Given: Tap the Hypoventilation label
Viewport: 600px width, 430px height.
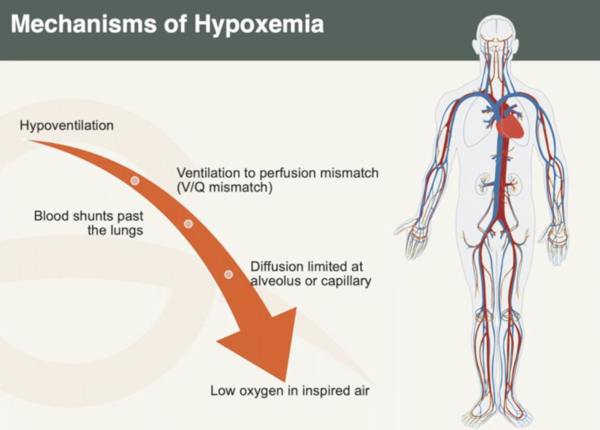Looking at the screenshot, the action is [67, 125].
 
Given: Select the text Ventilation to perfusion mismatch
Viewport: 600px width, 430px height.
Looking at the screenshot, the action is [278, 174].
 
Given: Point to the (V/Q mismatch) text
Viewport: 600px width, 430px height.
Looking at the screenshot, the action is [224, 188].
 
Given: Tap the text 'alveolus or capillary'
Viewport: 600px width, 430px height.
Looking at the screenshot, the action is [310, 281].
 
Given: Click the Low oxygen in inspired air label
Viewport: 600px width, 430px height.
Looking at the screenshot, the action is [290, 391].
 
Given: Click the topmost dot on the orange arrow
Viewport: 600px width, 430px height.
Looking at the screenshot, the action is [135, 180].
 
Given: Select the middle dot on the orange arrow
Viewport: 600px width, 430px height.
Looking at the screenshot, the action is [188, 223].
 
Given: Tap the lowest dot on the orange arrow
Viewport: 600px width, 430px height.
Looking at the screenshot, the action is [229, 275].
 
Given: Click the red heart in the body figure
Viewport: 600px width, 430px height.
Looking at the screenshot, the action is [513, 125].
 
